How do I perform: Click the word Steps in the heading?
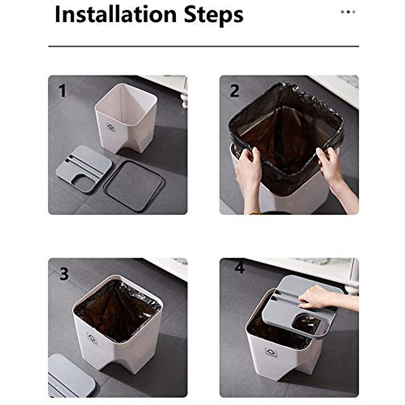[x=213, y=15]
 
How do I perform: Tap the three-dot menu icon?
[x=348, y=12]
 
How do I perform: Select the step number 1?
[x=62, y=91]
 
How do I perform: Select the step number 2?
[x=234, y=91]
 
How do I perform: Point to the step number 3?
[x=64, y=274]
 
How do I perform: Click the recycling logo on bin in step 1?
[x=111, y=128]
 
